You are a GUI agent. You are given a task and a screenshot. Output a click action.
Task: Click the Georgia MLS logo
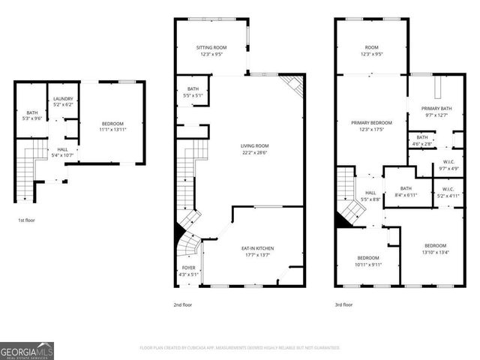point(27,350)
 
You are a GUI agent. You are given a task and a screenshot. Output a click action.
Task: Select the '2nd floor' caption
point(183,305)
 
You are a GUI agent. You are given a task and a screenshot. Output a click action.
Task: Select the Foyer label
point(190,271)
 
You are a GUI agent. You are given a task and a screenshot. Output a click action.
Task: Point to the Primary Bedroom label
point(372,125)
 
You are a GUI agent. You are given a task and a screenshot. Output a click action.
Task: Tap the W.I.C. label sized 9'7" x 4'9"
point(449,165)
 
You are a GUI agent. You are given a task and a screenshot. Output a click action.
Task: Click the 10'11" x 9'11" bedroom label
point(368,261)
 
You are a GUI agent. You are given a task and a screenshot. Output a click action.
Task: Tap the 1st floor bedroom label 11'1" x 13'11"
point(112,126)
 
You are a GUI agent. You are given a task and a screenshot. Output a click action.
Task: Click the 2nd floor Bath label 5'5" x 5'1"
point(193,92)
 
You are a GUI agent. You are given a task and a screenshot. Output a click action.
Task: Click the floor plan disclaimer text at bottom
point(240,348)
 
